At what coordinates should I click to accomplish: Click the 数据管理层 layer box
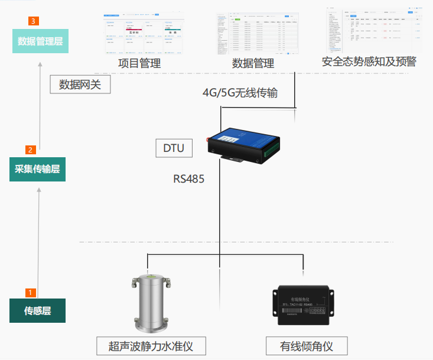pyautogui.click(x=40, y=41)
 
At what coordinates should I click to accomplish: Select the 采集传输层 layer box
pyautogui.click(x=37, y=169)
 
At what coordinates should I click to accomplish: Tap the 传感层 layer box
pyautogui.click(x=37, y=310)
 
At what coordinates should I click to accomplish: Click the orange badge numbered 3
pyautogui.click(x=34, y=21)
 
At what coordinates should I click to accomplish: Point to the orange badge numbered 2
pyautogui.click(x=31, y=150)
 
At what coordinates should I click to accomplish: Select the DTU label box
pyautogui.click(x=174, y=148)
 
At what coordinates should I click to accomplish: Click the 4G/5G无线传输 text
pyautogui.click(x=240, y=93)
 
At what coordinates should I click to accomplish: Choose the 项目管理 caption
pyautogui.click(x=139, y=63)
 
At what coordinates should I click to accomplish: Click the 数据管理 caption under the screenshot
pyautogui.click(x=253, y=63)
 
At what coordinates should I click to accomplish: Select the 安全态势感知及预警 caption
pyautogui.click(x=369, y=61)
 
